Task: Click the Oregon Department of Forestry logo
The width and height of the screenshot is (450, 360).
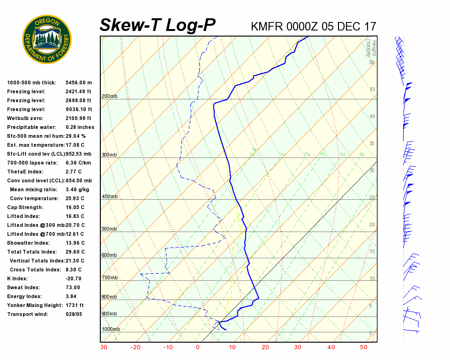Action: point(47,39)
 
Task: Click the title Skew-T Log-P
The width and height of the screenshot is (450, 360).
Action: point(157,25)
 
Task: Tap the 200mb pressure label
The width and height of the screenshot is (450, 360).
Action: point(109,97)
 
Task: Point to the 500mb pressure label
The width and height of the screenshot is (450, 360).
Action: point(109,229)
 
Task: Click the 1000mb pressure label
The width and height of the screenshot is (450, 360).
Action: point(111,330)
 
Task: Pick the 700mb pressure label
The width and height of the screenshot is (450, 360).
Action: point(109,278)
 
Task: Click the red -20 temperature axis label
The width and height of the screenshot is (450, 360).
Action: point(135,347)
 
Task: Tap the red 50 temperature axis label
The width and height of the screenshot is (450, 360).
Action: point(364,347)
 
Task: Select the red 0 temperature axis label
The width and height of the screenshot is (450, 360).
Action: point(198,347)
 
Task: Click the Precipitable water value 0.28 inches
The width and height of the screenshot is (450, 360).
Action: point(80,127)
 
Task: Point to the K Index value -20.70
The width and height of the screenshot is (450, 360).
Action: point(75,278)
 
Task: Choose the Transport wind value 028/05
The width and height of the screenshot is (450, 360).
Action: point(74,314)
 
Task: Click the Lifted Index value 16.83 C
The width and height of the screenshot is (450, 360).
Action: point(75,216)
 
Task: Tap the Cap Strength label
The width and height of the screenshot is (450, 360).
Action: point(25,207)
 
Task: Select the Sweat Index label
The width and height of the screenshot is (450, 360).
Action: point(23,287)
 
